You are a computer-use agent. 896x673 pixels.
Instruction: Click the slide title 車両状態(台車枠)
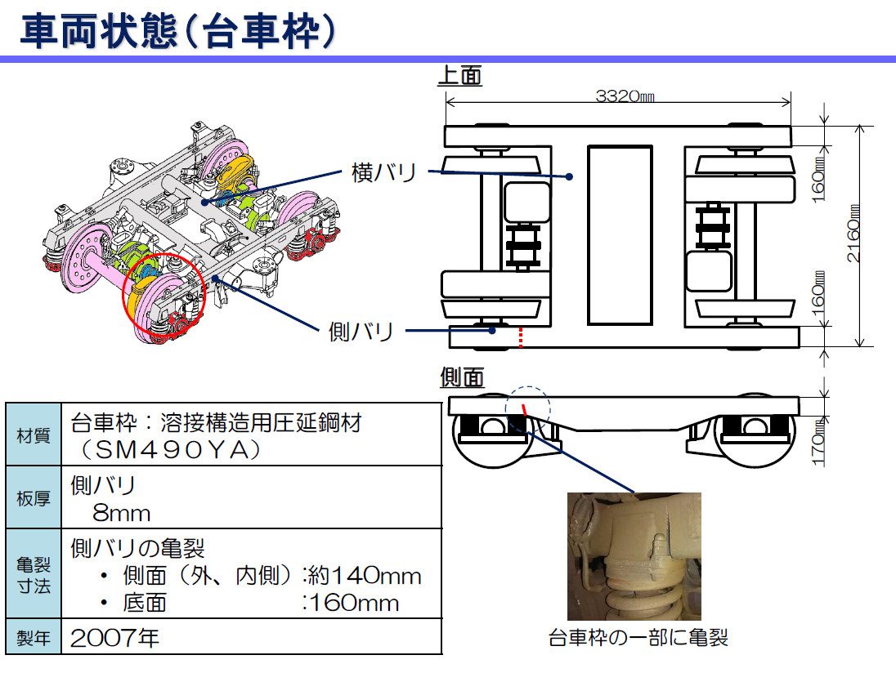[177, 30]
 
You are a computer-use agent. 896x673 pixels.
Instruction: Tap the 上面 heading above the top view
[460, 75]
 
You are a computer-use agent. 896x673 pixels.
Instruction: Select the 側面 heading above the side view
[462, 377]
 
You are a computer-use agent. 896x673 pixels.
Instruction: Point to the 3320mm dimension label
[625, 96]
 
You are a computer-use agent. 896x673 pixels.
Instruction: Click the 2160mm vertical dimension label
[853, 234]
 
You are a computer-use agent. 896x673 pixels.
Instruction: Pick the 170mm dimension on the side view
[818, 442]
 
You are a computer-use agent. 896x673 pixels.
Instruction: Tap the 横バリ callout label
[383, 172]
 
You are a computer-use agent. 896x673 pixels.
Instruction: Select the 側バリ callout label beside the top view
[361, 332]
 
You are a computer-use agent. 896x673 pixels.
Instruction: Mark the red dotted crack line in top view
[520, 337]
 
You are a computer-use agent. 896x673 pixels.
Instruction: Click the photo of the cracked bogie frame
[634, 556]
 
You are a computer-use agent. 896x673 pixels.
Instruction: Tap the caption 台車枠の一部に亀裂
[638, 638]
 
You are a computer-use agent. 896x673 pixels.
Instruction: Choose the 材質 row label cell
[34, 435]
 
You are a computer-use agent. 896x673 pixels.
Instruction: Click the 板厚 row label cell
[34, 497]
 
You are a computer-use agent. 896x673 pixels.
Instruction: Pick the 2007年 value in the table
[114, 638]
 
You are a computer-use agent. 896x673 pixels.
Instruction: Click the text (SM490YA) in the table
[171, 450]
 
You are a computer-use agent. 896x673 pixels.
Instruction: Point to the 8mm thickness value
[121, 513]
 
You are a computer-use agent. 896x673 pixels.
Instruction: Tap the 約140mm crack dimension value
[365, 575]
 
